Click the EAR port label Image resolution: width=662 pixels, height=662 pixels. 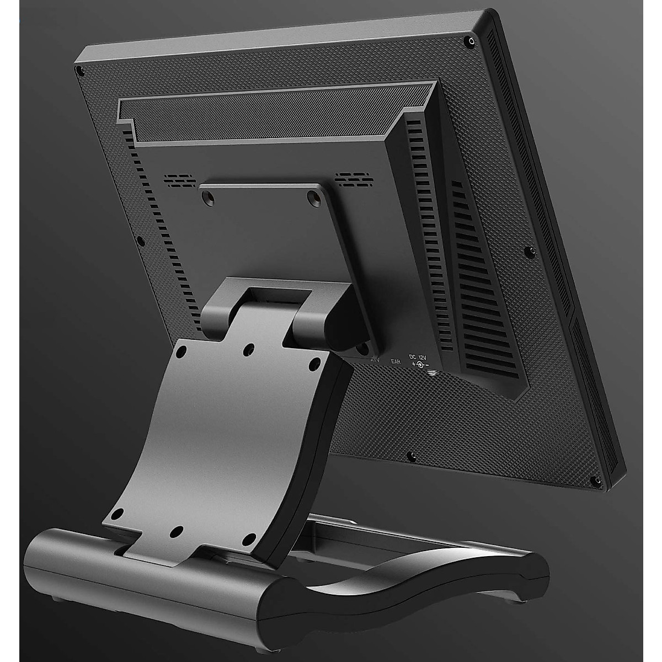point(395,362)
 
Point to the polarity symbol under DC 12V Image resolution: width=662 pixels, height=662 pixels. point(420,365)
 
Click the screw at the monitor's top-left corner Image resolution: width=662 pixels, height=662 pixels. point(79,71)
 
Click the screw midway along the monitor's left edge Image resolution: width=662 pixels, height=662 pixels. point(139,241)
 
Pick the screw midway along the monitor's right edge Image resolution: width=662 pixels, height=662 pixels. point(532,251)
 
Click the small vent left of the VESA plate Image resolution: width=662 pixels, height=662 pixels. point(179,180)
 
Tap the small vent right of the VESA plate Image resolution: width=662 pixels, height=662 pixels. point(353,178)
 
